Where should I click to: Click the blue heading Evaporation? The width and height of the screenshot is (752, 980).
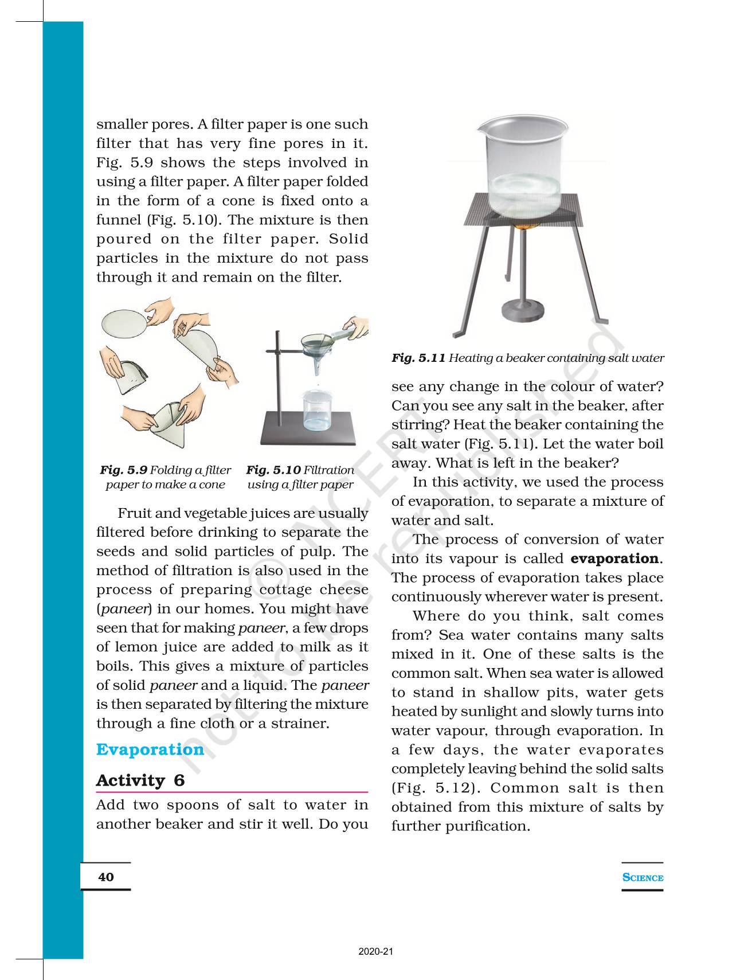(150, 749)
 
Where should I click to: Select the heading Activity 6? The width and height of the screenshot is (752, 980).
(140, 780)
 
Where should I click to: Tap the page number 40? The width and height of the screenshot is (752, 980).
(106, 877)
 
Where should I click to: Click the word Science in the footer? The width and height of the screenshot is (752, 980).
(643, 877)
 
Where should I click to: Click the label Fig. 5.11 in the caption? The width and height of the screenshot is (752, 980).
(418, 358)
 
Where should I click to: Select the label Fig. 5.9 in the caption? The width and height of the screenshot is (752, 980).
(123, 470)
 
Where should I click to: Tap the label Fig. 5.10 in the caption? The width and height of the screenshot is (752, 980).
(273, 470)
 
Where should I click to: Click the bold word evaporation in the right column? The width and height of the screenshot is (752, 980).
(614, 559)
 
